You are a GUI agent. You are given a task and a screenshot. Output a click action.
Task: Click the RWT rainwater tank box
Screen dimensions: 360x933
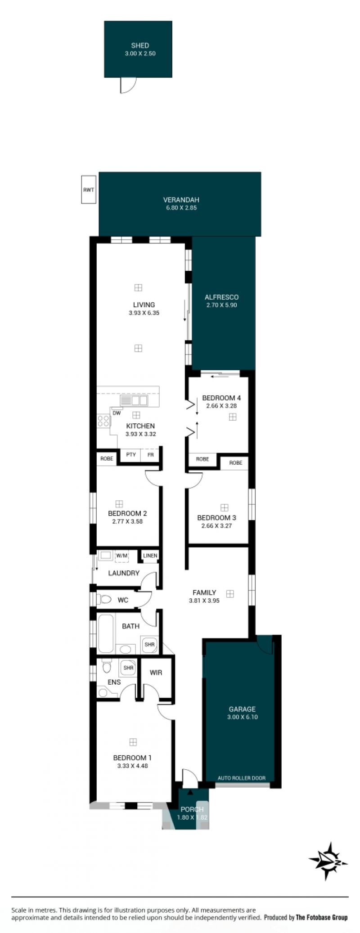point(89,189)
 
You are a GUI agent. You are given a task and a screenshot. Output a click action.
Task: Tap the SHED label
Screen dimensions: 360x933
point(140,45)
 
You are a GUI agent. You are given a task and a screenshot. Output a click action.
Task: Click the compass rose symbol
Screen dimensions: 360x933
point(328,861)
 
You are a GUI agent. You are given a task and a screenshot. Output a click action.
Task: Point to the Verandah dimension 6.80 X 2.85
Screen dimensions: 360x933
point(180,208)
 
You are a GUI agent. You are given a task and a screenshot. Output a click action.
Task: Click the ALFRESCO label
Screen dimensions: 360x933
point(221,297)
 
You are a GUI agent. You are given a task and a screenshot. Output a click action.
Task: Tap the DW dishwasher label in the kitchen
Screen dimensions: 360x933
point(117,413)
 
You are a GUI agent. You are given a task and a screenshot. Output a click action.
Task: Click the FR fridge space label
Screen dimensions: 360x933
point(151,455)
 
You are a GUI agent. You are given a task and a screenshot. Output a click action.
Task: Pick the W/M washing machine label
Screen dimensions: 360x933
point(122,556)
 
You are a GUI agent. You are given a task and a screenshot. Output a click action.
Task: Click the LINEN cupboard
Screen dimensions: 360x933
point(150,556)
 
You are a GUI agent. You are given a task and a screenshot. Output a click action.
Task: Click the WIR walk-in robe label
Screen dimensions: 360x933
point(156,673)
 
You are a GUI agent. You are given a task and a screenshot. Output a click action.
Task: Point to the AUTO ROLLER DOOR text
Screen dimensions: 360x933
point(242,778)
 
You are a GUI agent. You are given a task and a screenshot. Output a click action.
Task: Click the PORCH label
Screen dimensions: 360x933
point(192,809)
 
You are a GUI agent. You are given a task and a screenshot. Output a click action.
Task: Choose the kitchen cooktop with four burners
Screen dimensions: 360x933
point(103,421)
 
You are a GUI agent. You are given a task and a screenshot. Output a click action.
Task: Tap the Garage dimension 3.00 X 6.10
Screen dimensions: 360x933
point(243,717)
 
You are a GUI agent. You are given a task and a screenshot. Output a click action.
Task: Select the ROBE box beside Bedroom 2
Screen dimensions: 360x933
point(107,459)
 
